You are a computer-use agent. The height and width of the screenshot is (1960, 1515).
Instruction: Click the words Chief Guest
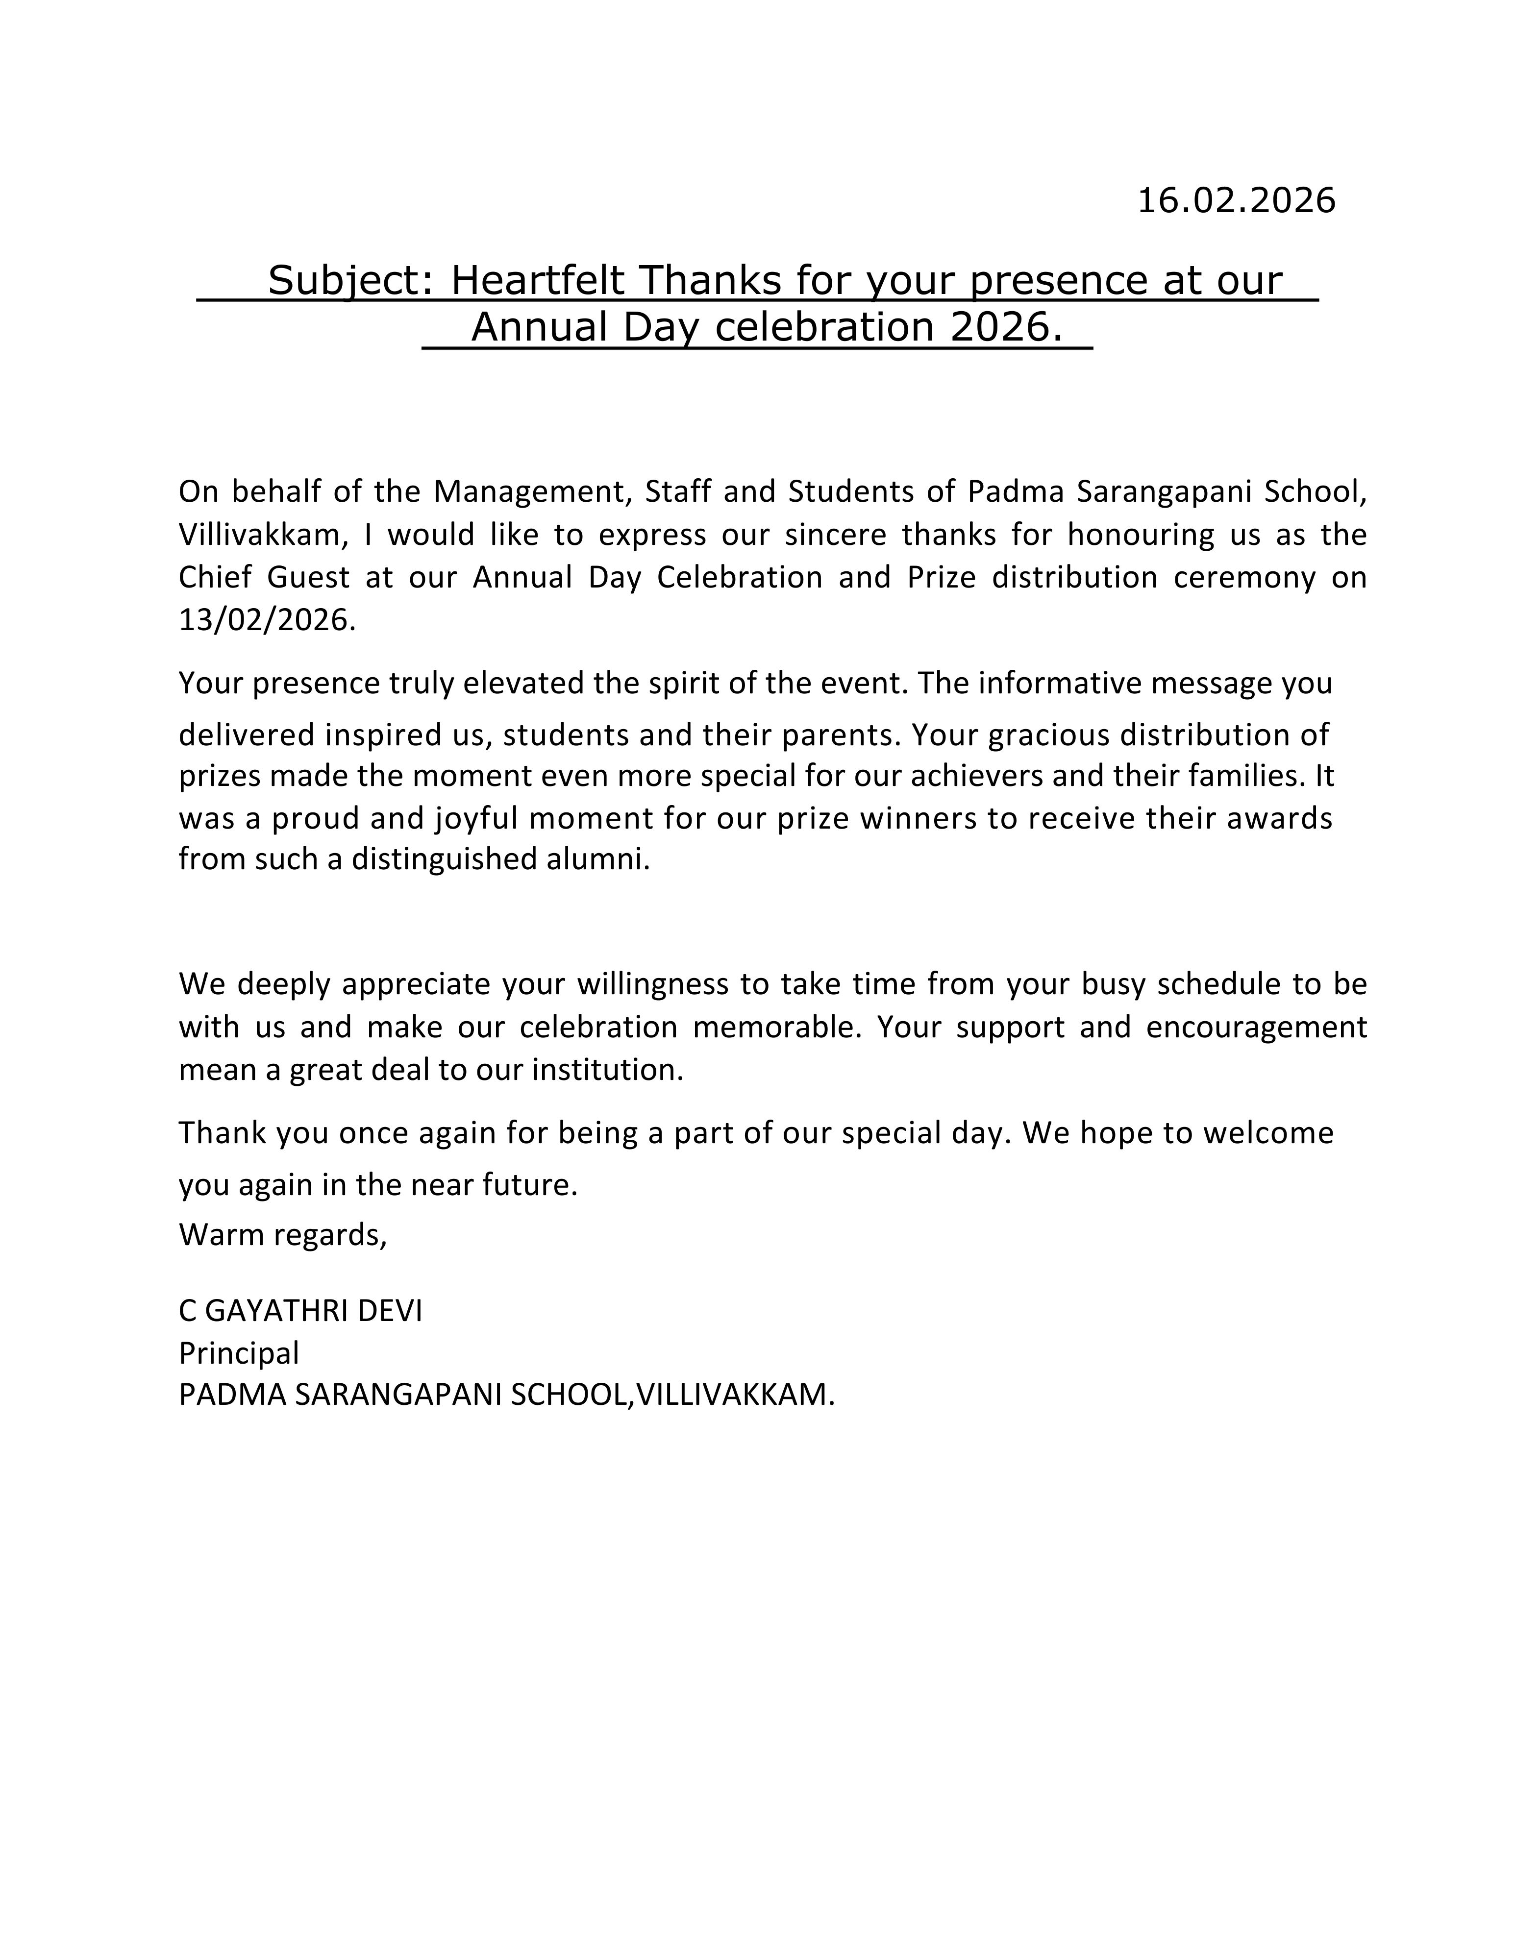click(x=264, y=577)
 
